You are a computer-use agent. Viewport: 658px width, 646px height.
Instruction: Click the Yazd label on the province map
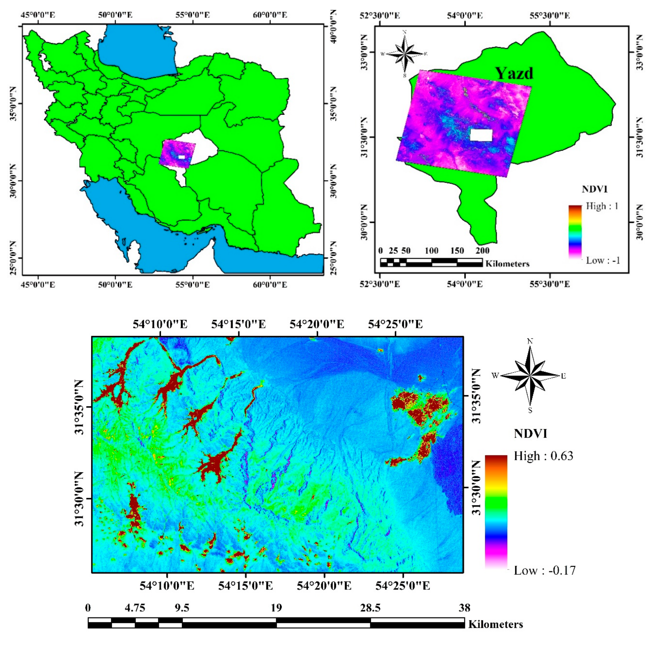(x=514, y=73)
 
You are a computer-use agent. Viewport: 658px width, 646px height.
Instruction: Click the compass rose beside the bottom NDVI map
(x=530, y=376)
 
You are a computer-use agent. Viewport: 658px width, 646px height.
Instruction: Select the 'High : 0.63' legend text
(x=543, y=456)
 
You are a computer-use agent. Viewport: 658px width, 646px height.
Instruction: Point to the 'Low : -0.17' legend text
(x=544, y=570)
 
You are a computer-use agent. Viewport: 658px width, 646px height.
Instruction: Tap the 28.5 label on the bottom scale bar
(x=370, y=608)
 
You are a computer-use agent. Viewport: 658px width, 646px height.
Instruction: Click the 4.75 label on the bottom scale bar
(x=135, y=608)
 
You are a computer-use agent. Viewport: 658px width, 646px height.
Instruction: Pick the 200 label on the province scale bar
(x=482, y=251)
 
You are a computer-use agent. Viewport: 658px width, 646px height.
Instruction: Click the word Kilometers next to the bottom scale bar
(x=495, y=624)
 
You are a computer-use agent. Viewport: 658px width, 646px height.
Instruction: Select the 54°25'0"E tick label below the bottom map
(x=403, y=586)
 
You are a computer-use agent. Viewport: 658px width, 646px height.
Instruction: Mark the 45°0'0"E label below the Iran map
(x=38, y=284)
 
